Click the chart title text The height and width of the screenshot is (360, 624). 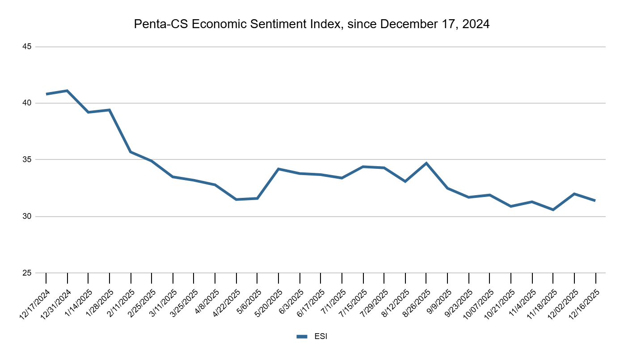tap(312, 25)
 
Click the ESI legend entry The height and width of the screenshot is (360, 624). tap(312, 337)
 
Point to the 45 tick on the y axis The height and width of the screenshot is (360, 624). tap(28, 47)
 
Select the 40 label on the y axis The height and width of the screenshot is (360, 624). tap(28, 103)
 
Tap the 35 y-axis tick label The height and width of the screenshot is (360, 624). tap(28, 160)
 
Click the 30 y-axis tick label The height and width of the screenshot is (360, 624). tap(28, 217)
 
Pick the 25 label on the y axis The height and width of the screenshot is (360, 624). tap(28, 273)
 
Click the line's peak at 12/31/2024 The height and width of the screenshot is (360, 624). tap(67, 91)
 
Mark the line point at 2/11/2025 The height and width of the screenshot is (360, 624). tap(131, 152)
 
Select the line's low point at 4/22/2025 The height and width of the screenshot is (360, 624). tap(236, 199)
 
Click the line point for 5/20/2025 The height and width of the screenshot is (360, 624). tap(278, 169)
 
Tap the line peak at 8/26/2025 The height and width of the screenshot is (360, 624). tap(426, 163)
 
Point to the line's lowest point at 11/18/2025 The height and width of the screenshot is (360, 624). tap(553, 209)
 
